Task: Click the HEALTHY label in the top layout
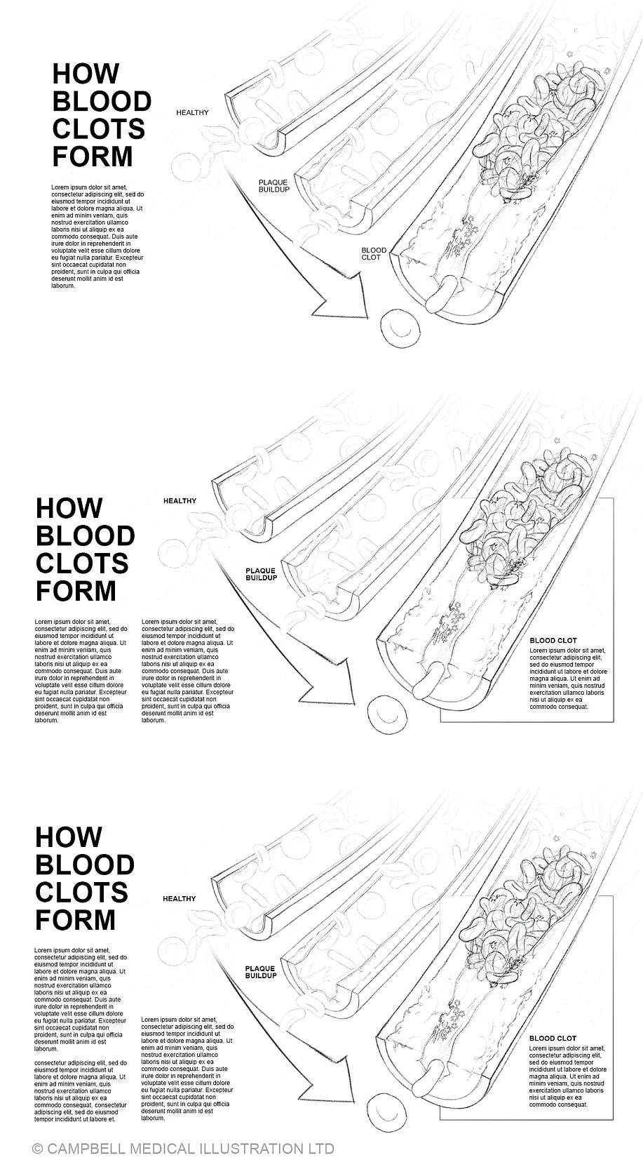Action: click(192, 112)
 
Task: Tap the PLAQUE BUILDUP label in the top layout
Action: click(273, 186)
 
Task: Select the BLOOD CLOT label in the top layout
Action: click(374, 254)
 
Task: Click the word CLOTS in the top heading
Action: click(98, 129)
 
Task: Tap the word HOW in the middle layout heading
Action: click(69, 508)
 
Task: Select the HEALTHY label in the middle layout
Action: click(180, 501)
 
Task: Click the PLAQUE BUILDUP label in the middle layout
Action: click(260, 575)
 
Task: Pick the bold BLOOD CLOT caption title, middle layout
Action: click(553, 641)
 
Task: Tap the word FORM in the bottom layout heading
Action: click(75, 919)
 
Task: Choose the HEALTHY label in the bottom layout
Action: click(179, 899)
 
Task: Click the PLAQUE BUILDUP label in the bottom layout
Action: click(260, 972)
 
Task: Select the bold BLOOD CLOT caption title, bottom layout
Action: click(553, 1039)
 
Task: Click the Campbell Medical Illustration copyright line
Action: click(183, 1149)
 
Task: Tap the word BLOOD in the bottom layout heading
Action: click(84, 865)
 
